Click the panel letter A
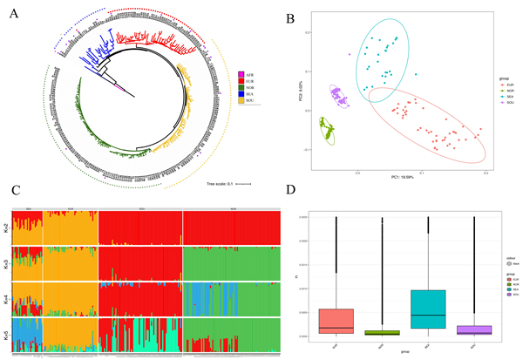15,12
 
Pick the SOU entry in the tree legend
249,107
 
